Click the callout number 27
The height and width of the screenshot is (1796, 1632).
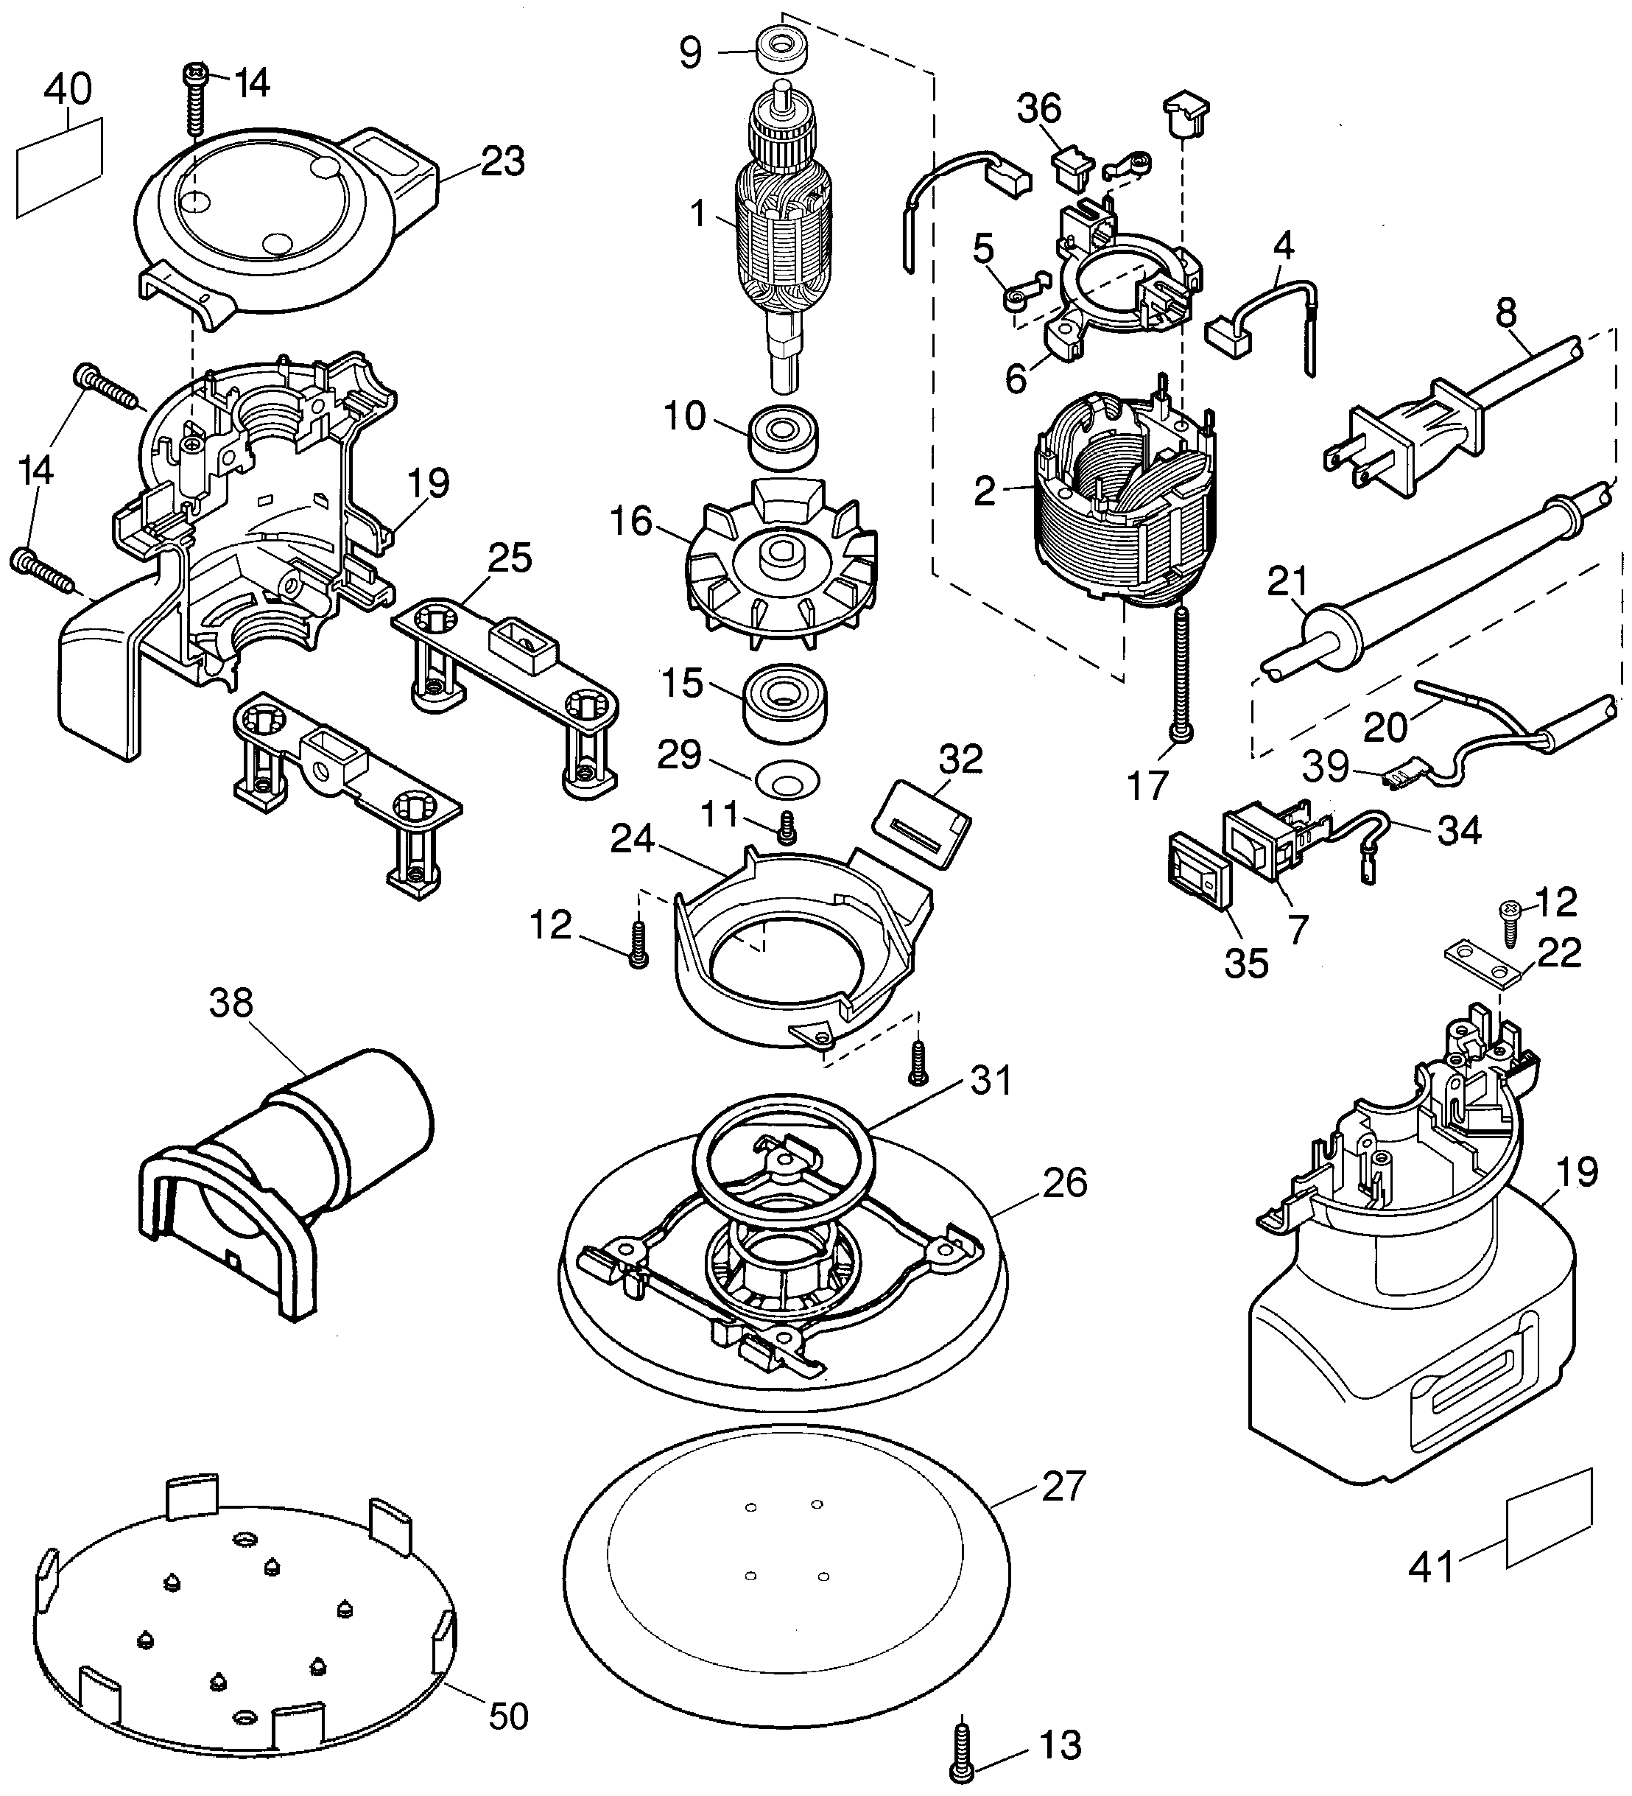[x=1063, y=1487]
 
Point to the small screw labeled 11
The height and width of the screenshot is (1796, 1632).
[x=785, y=826]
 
